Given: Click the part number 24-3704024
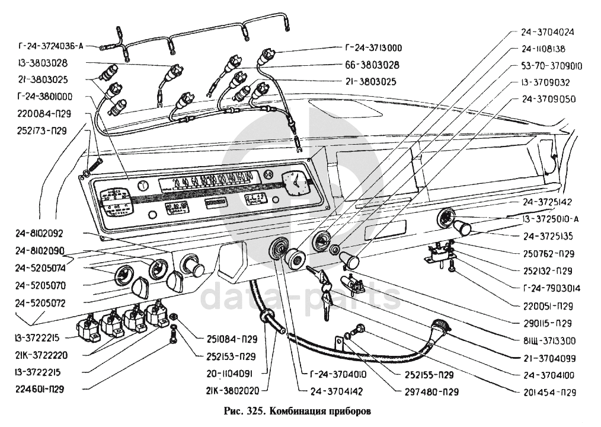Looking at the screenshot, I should [548, 33].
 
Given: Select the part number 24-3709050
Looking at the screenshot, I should [548, 99].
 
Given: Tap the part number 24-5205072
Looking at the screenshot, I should [40, 303].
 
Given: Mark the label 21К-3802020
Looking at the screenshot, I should [231, 391].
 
